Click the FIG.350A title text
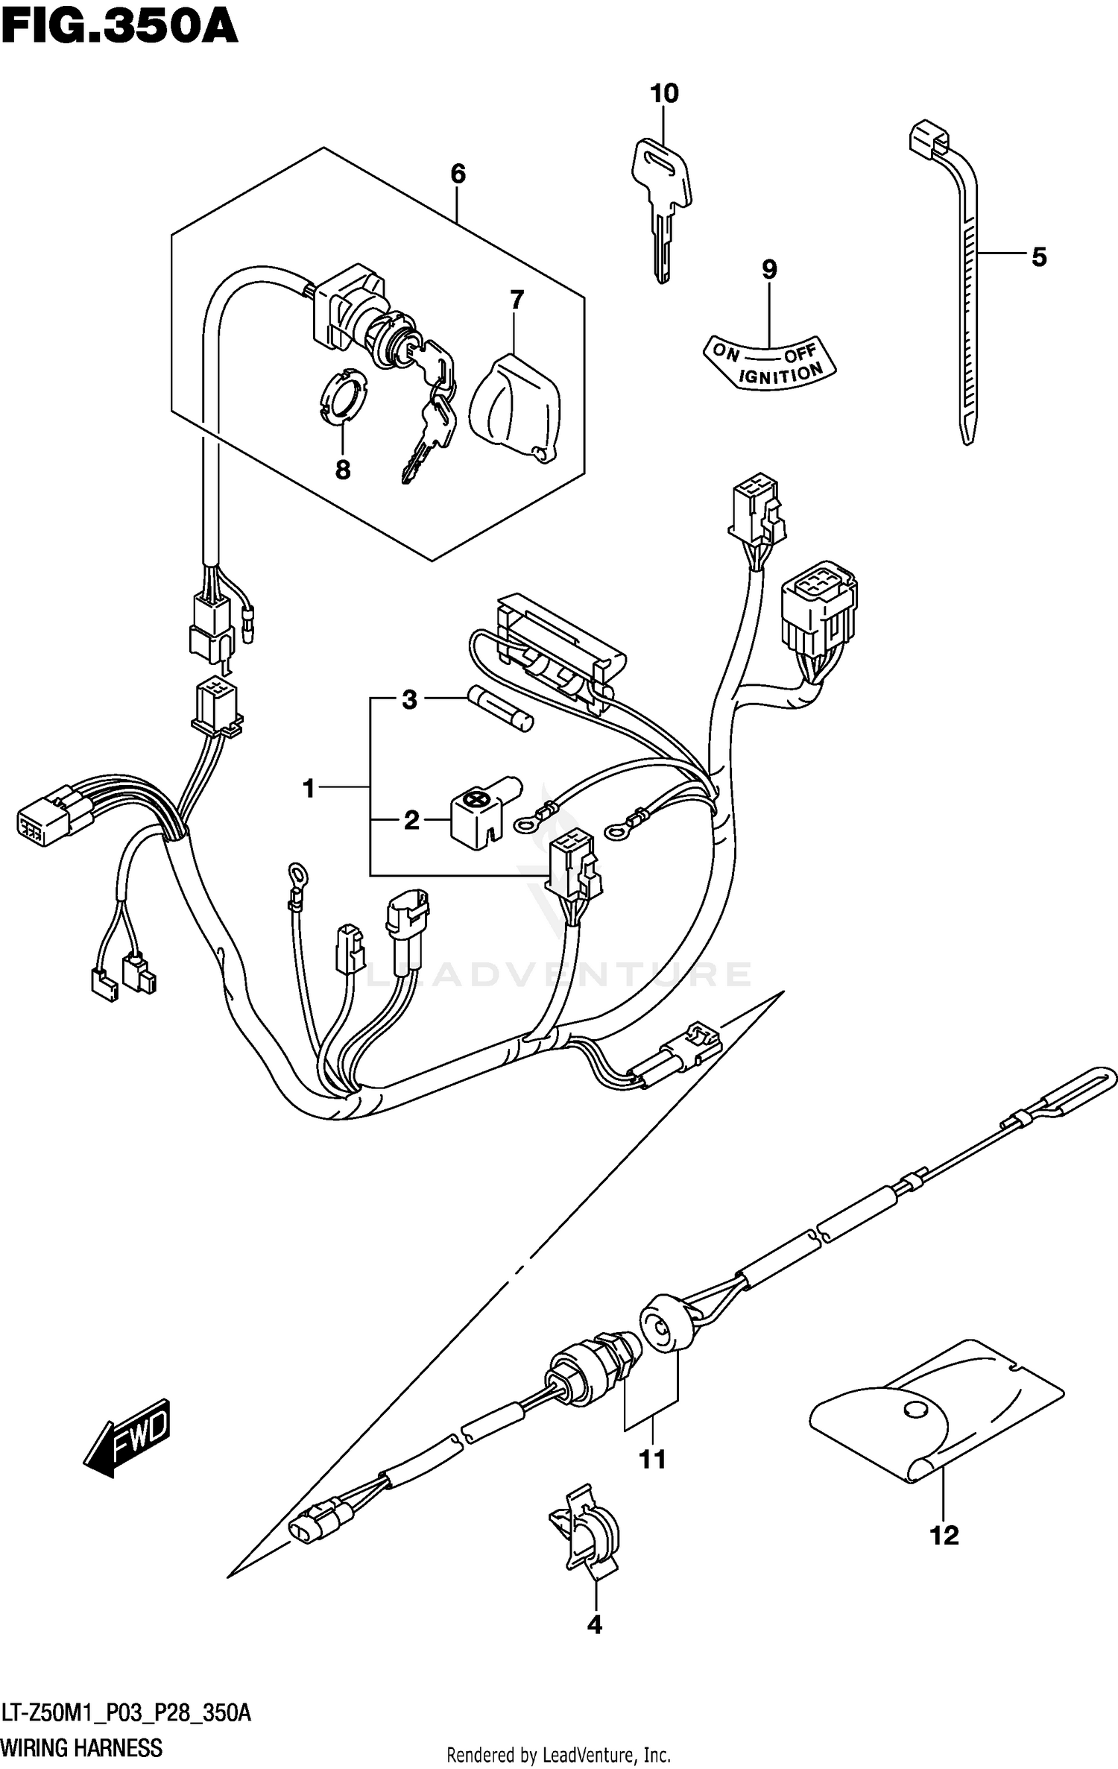pyautogui.click(x=119, y=28)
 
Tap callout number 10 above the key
pyautogui.click(x=664, y=94)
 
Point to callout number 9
pyautogui.click(x=769, y=269)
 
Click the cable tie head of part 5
pyautogui.click(x=929, y=139)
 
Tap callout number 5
pyautogui.click(x=1039, y=257)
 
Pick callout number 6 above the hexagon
pyautogui.click(x=458, y=174)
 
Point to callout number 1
pyautogui.click(x=309, y=788)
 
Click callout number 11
pyautogui.click(x=652, y=1460)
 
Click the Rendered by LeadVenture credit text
pyautogui.click(x=558, y=1756)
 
